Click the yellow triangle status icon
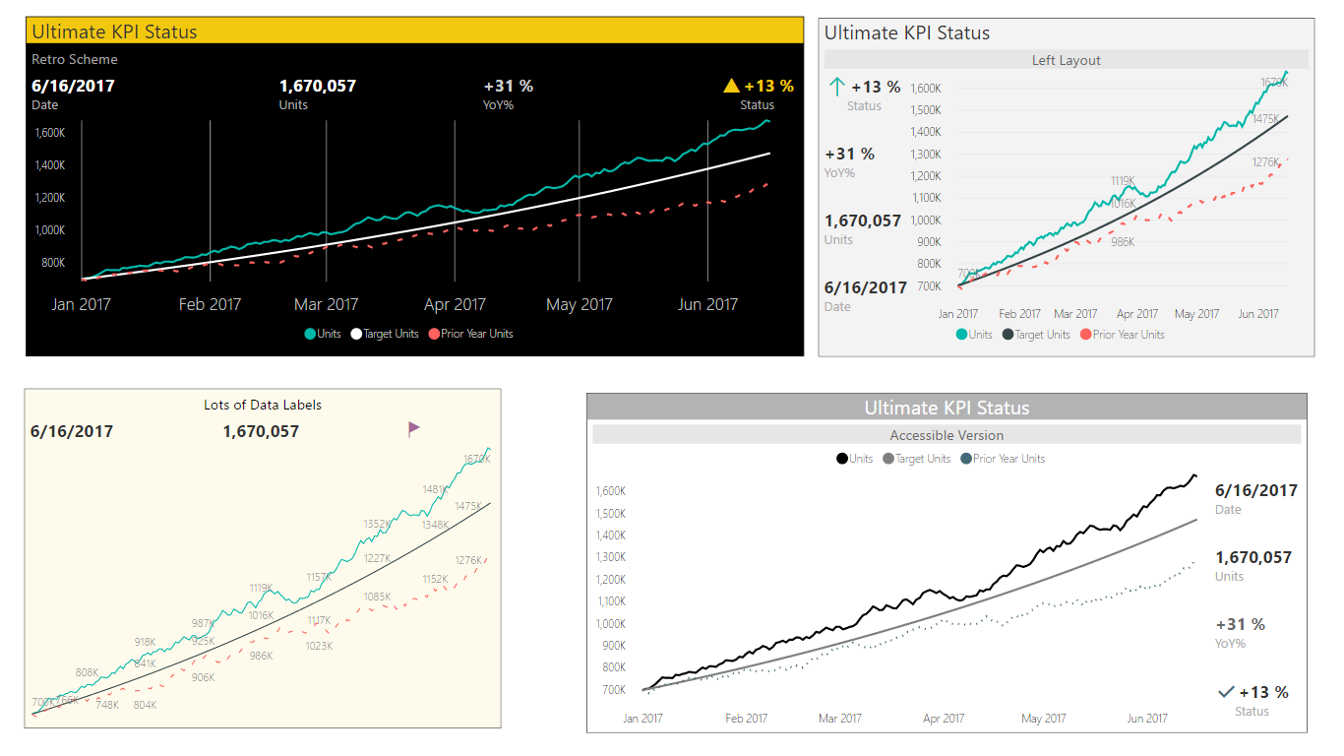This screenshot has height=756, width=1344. coord(731,86)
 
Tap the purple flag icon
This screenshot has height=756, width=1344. coord(414,428)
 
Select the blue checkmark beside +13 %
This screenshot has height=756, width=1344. coord(1226,692)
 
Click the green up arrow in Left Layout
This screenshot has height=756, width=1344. coord(837,87)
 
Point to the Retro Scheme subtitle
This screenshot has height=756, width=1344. coord(75,59)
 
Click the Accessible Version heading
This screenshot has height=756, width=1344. coord(947,435)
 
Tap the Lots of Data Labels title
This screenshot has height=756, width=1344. coord(263,405)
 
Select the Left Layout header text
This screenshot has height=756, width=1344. coord(1066,60)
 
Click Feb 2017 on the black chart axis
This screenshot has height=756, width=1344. coord(210,304)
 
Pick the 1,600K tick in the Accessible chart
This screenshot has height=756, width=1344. coord(611,491)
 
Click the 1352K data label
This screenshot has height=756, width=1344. coord(377,524)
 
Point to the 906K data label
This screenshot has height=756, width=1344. coord(203,677)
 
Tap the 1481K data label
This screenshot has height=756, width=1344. coord(435,489)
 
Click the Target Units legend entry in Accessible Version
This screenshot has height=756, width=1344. coord(917,459)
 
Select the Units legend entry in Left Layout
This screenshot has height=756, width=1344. coord(974,335)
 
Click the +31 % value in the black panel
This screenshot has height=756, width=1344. coord(509,86)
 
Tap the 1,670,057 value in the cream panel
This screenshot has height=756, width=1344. coord(261,431)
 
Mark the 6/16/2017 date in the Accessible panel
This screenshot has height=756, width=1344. coord(1256,490)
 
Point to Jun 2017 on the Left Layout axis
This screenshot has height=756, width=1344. coord(1258,314)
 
